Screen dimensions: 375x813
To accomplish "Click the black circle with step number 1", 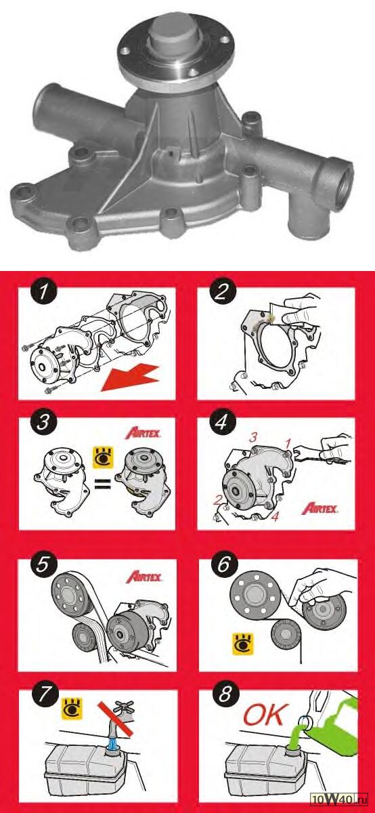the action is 44,292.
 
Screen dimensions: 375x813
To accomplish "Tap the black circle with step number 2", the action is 221,292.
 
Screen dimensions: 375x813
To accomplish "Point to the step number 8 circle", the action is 225,694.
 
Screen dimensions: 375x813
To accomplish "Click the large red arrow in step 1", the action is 130,378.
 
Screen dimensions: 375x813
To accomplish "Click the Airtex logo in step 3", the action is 144,434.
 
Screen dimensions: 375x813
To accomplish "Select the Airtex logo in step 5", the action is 144,577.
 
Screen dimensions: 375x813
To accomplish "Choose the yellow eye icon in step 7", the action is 72,708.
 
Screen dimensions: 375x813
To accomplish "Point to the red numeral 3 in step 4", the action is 253,438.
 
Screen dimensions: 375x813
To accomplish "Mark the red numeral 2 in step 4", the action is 217,500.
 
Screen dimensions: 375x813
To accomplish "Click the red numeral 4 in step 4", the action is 275,516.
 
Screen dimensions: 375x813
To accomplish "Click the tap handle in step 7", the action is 124,706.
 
